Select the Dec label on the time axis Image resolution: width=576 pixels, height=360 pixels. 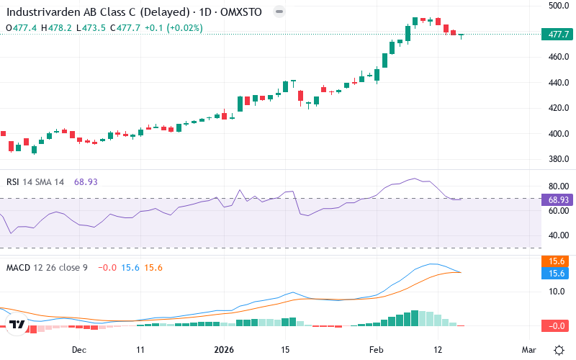[x=79, y=349]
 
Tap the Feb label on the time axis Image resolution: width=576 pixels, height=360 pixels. [x=375, y=349]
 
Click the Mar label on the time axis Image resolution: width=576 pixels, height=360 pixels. [x=529, y=349]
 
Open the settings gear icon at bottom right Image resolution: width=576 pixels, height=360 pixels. [x=559, y=349]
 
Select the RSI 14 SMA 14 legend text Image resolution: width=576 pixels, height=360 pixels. [x=35, y=182]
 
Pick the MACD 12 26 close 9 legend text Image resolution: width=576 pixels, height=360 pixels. [x=47, y=267]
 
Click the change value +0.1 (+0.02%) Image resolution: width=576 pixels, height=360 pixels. [x=174, y=28]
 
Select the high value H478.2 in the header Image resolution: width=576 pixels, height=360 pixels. [x=56, y=28]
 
